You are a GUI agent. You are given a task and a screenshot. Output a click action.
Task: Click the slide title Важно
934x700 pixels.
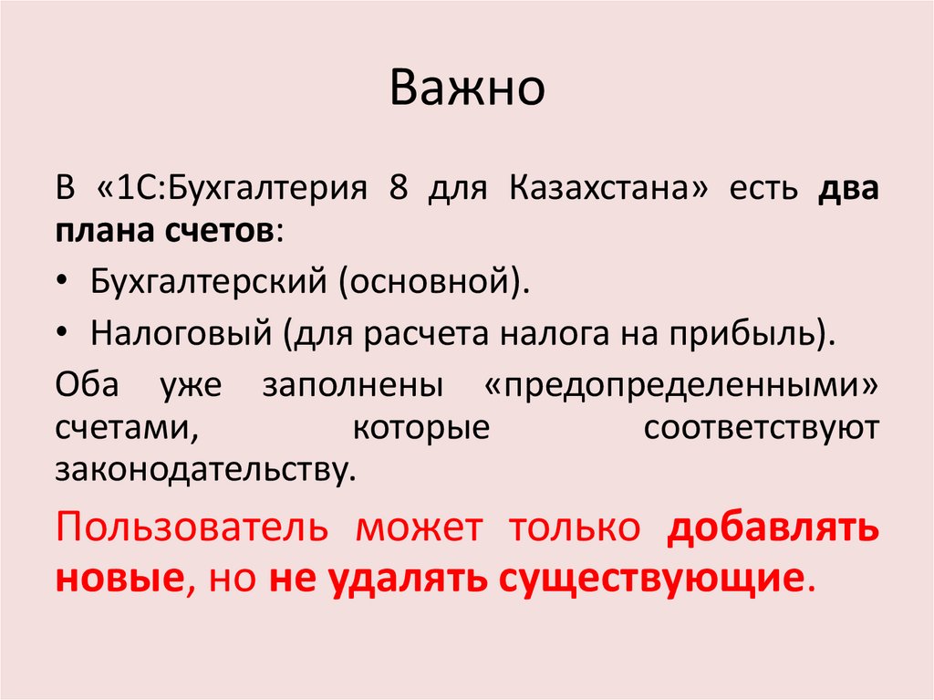tap(467, 89)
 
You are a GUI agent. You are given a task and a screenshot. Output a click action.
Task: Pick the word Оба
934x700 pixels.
tap(88, 383)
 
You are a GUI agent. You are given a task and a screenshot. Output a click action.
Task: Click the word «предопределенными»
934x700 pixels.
tap(676, 383)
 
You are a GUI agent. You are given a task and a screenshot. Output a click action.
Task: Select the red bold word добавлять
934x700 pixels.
tap(772, 529)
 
